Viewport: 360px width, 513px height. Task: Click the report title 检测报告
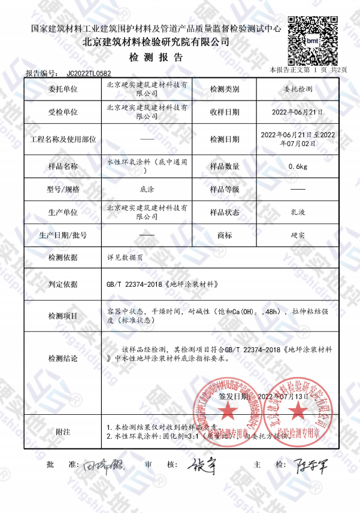[156, 58]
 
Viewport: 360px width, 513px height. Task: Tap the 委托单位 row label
[63, 90]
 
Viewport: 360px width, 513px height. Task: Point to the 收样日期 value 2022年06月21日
[297, 112]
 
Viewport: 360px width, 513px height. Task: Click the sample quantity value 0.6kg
[297, 166]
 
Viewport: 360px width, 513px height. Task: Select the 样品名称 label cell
[63, 166]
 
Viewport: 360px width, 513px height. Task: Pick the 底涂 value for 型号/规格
[147, 190]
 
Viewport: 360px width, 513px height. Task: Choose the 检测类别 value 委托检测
[297, 90]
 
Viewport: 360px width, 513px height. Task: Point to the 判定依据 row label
[63, 284]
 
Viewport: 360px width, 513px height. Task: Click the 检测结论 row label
[63, 359]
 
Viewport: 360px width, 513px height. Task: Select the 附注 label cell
[63, 432]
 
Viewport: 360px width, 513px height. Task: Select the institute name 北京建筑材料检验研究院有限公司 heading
[156, 43]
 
